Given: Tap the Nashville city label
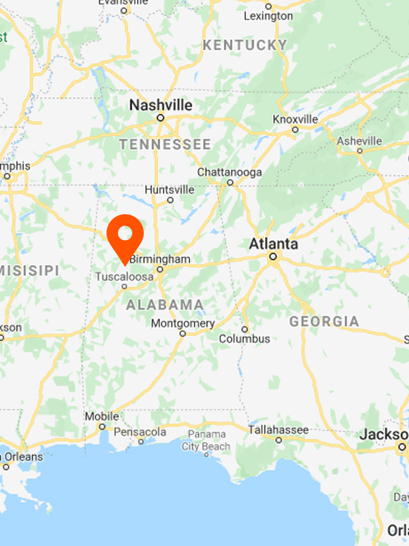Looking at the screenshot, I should (161, 105).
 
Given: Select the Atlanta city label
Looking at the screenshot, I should (273, 244).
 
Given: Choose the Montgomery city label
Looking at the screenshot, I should (182, 323).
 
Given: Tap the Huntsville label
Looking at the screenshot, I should (169, 190).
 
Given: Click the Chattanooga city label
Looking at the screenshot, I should (230, 172).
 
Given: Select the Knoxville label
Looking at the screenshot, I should (295, 119).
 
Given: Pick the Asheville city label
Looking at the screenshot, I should (360, 140).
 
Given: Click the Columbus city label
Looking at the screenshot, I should (245, 338).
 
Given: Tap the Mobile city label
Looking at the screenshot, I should (102, 416).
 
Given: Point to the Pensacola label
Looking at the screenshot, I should (140, 432).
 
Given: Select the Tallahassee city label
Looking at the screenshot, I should (278, 430).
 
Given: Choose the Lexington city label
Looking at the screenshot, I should (268, 16).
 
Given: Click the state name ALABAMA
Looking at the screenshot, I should (165, 305).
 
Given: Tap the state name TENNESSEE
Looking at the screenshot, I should (165, 145).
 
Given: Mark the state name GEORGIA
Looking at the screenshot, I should (324, 321).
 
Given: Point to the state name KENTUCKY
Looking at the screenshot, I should (245, 45).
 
